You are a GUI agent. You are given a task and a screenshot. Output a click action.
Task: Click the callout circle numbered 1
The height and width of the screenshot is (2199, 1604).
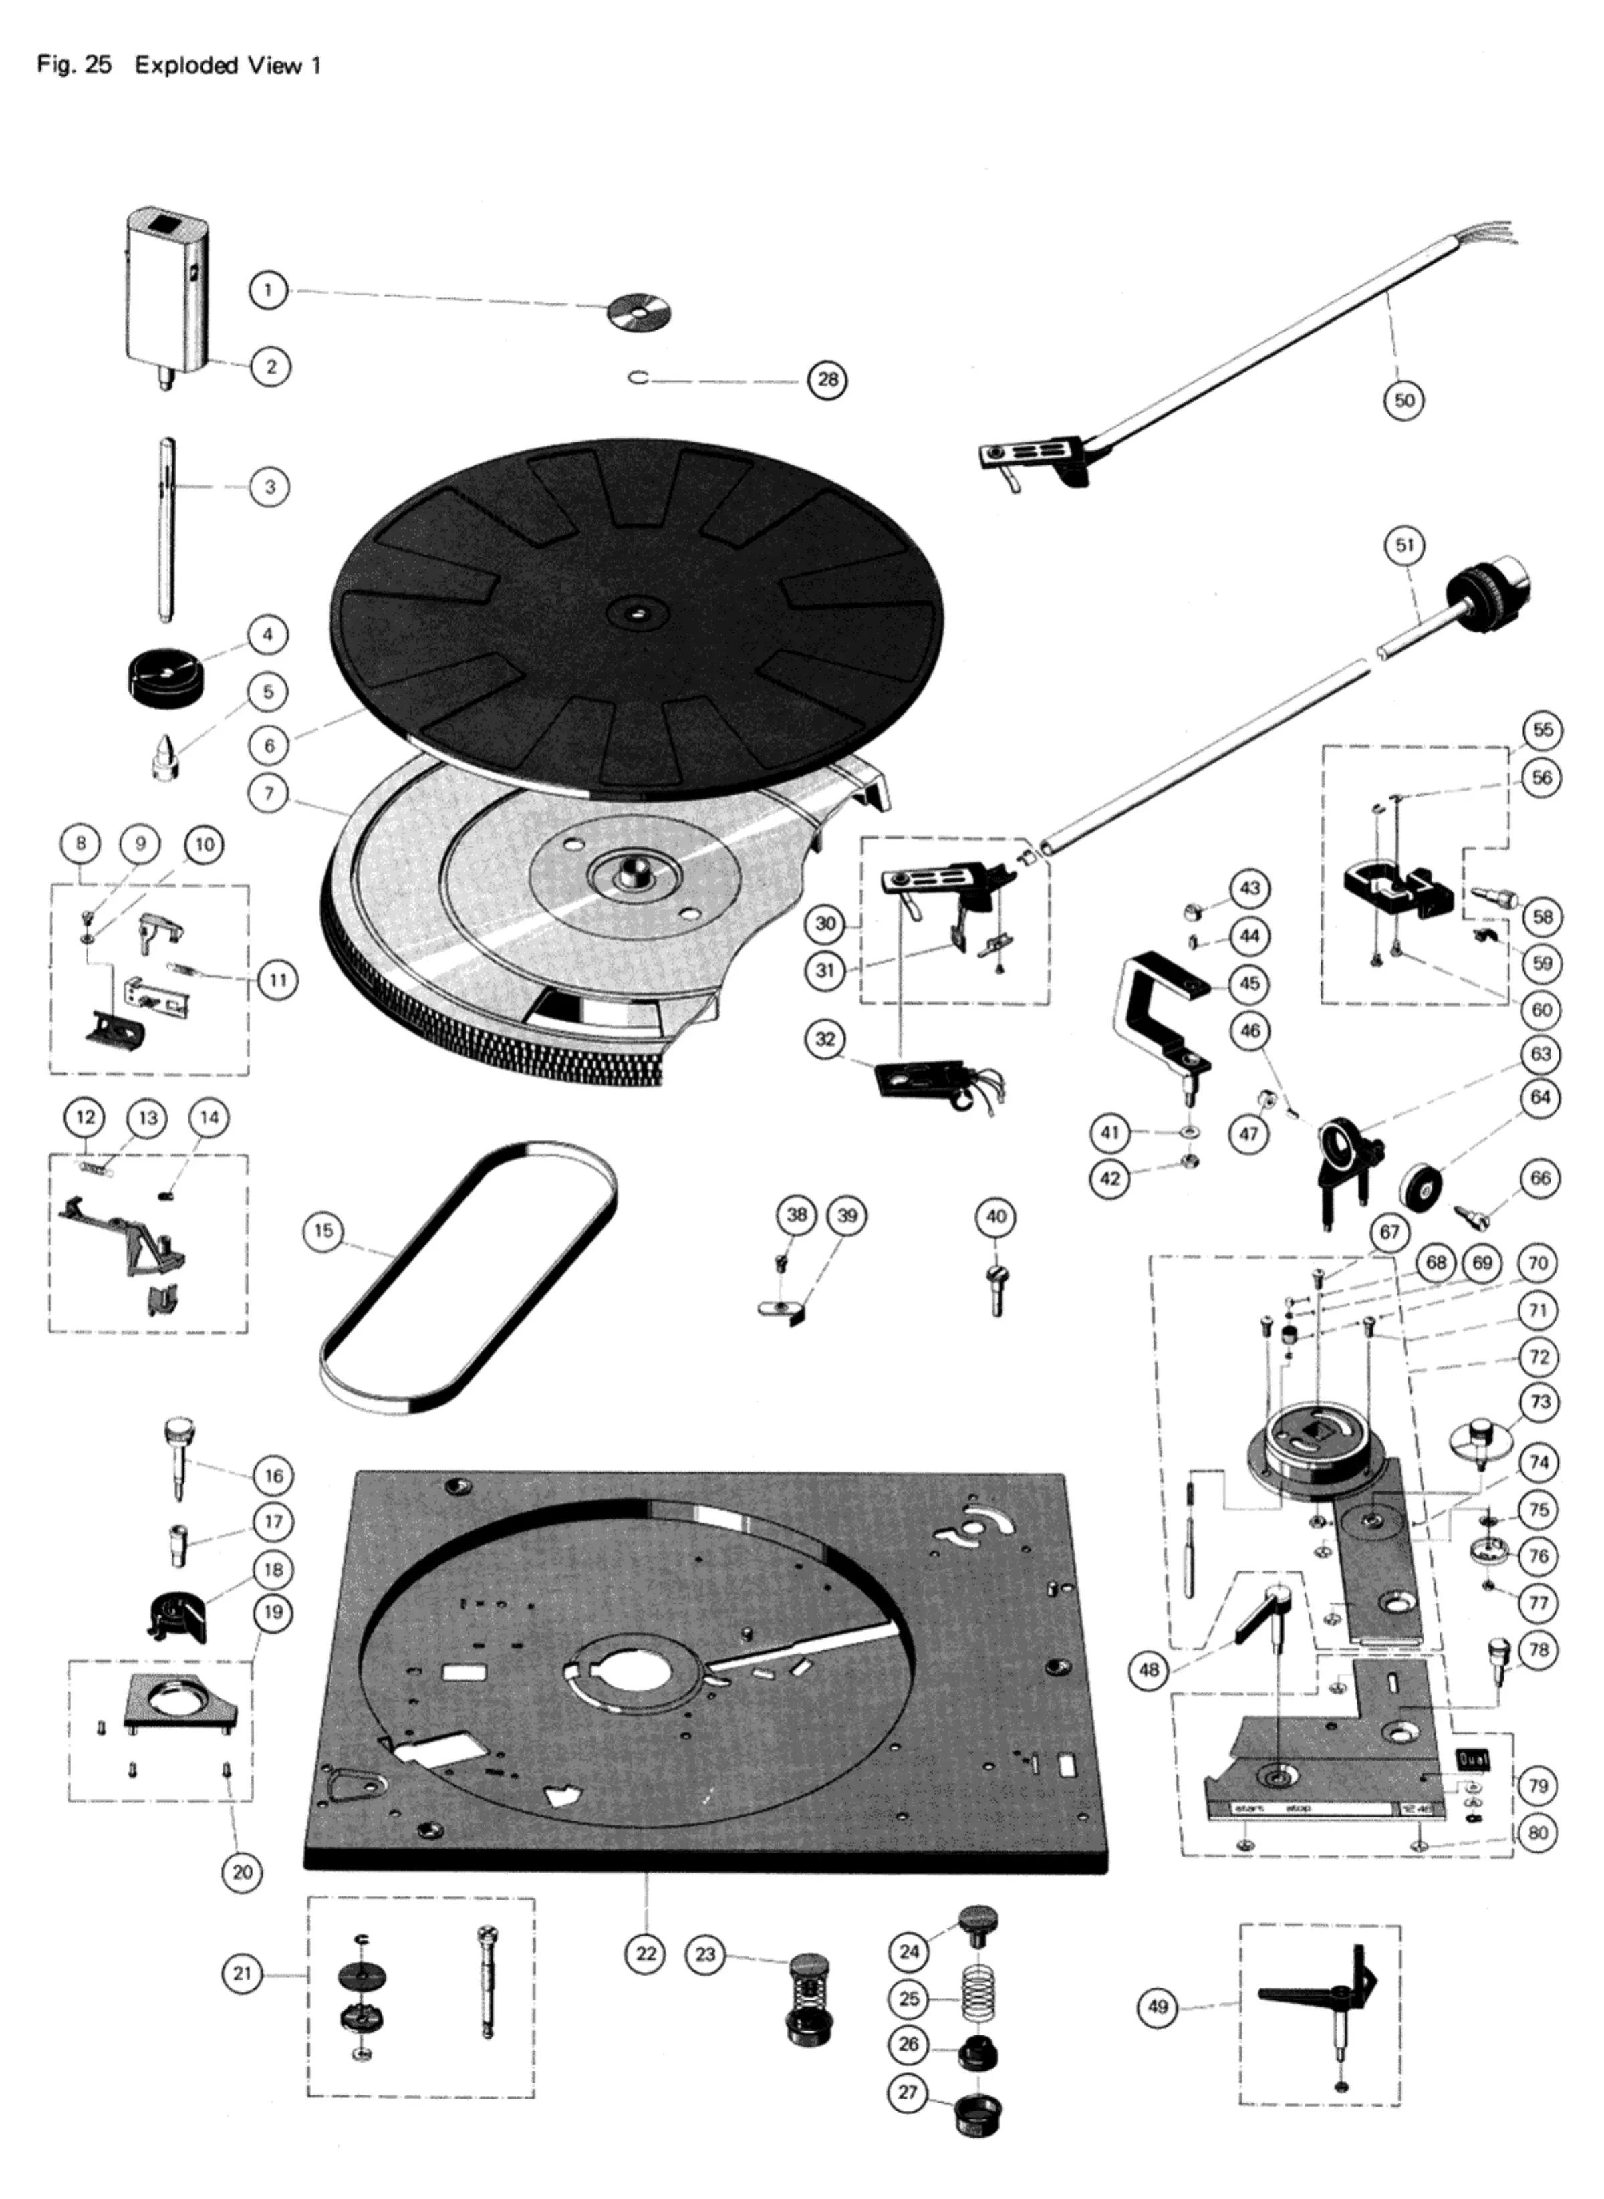(268, 290)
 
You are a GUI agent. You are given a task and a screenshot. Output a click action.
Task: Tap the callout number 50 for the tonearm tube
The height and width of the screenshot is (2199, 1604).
(1404, 400)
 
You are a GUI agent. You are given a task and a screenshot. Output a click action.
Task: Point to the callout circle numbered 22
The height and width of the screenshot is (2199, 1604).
(647, 1954)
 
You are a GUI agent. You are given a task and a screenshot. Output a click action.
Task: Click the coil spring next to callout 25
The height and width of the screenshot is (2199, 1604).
(978, 1999)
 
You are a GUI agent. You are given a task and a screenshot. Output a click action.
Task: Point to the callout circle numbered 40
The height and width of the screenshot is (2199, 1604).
(996, 1216)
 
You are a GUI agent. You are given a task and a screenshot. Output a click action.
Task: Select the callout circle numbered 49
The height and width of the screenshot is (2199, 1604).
(1158, 2006)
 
